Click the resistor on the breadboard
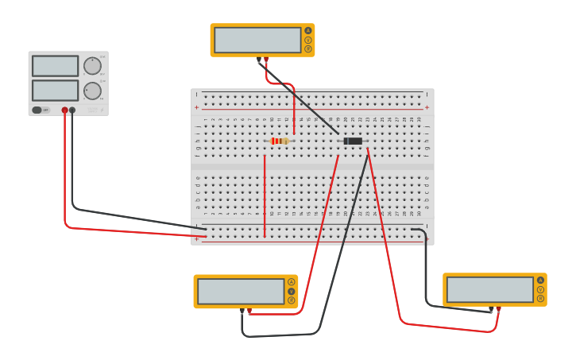coord(279,141)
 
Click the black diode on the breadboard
coord(353,141)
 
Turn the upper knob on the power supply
coord(92,66)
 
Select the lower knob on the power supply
coord(92,91)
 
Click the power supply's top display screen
coord(55,66)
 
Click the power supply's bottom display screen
coord(55,90)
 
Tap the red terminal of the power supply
coord(65,110)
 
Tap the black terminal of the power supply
coord(72,110)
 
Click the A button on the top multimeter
coord(308,31)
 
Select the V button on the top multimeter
coord(308,40)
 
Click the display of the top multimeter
coord(257,40)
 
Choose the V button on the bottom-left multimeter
coord(292,291)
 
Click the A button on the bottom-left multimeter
coord(292,282)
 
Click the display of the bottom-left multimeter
coord(241,291)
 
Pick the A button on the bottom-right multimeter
coord(541,281)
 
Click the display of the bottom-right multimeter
coord(490,289)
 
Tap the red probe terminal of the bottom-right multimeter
coord(498,309)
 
